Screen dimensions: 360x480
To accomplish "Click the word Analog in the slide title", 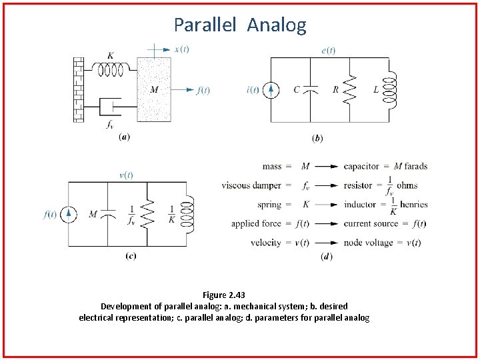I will (x=277, y=25).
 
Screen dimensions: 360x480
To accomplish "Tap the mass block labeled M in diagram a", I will (x=155, y=89).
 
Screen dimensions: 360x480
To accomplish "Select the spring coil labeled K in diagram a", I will (x=111, y=69).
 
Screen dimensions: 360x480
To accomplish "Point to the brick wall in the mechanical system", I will (x=79, y=89).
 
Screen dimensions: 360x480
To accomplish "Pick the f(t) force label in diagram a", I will (x=203, y=90).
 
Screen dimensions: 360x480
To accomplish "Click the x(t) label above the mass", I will (x=181, y=49).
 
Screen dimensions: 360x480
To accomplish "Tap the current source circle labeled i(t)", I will (x=271, y=90).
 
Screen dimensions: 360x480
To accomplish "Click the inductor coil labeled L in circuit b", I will (x=391, y=90).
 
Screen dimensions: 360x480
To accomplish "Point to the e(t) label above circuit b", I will (x=329, y=50).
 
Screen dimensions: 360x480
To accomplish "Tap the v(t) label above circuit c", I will (x=125, y=175).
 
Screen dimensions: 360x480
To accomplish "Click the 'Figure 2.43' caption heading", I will (x=224, y=295).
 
